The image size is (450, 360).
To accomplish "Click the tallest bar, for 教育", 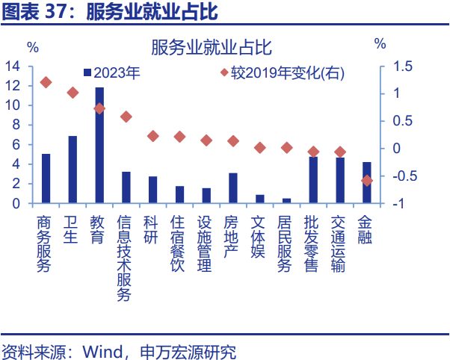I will pos(99,145).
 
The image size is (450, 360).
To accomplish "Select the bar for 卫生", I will pos(73,170).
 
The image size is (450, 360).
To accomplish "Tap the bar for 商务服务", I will pos(46,179).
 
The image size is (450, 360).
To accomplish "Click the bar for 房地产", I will pos(232,188).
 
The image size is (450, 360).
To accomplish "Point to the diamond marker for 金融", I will pos(366,180).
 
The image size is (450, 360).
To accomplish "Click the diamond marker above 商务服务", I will pos(46,82).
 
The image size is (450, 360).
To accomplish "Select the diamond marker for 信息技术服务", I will pos(126,117).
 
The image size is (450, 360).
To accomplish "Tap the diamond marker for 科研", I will pos(152,136).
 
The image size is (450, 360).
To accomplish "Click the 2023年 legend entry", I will pos(111,73).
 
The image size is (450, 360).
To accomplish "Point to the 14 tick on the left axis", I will pos(12,66).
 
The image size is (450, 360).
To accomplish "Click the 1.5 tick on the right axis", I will pos(403,66).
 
